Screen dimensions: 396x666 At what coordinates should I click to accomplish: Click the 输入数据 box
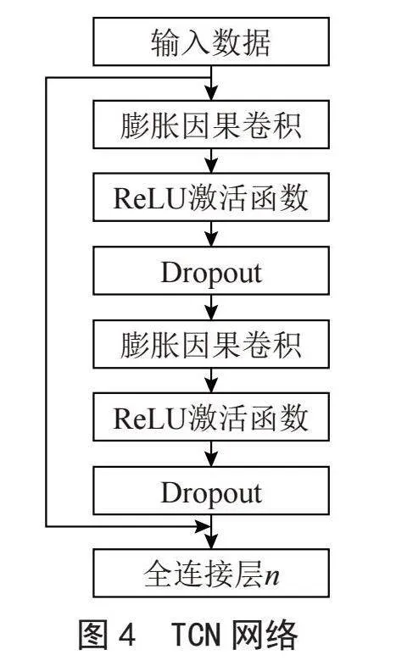click(x=211, y=42)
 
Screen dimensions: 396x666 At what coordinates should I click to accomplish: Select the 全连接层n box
click(x=211, y=573)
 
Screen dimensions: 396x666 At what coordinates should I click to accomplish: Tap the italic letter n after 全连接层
click(x=272, y=576)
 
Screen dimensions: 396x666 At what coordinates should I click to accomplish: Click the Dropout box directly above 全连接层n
click(x=211, y=491)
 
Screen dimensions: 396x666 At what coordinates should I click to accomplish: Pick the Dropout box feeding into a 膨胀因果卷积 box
click(x=211, y=270)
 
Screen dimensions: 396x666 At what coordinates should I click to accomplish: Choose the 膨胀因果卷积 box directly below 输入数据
click(x=211, y=125)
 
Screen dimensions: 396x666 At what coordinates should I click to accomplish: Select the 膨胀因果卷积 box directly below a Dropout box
click(x=211, y=344)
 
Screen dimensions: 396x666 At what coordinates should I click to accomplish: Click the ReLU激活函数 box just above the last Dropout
click(x=211, y=417)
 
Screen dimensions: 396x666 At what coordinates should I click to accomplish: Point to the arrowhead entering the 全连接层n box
click(x=211, y=541)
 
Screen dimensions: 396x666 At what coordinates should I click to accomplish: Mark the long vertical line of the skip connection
click(x=46, y=302)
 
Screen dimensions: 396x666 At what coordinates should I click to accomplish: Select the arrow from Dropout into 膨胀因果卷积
click(x=211, y=307)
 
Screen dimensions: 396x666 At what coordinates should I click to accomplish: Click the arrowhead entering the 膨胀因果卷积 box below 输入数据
click(x=211, y=92)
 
